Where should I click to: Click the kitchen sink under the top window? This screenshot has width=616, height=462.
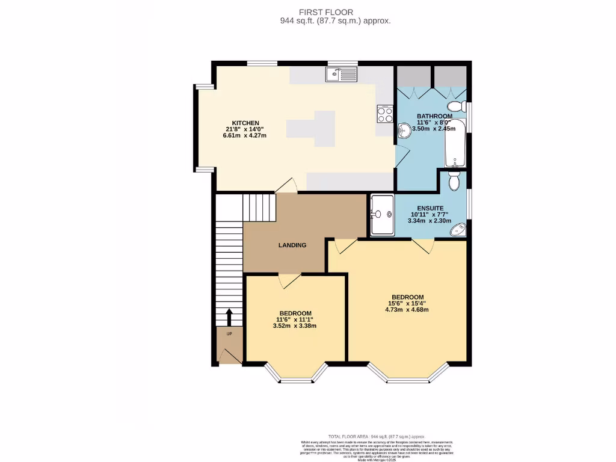[x=341, y=74]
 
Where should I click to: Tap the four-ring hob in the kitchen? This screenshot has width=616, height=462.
[x=384, y=114]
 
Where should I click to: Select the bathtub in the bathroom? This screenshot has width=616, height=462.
[x=455, y=143]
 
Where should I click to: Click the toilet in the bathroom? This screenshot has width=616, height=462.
[x=457, y=106]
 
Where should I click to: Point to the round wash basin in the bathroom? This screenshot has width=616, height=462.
[x=404, y=129]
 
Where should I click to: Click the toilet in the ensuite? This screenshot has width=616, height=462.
[x=455, y=180]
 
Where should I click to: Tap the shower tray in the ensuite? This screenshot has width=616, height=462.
[x=382, y=214]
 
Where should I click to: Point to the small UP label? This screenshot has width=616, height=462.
[x=229, y=333]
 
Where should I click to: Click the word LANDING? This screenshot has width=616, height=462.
[x=292, y=245]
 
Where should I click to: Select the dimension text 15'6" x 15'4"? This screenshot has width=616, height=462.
[x=407, y=304]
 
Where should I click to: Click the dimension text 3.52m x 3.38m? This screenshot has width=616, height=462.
[x=294, y=326]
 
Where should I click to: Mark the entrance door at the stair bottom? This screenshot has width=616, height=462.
[x=230, y=357]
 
